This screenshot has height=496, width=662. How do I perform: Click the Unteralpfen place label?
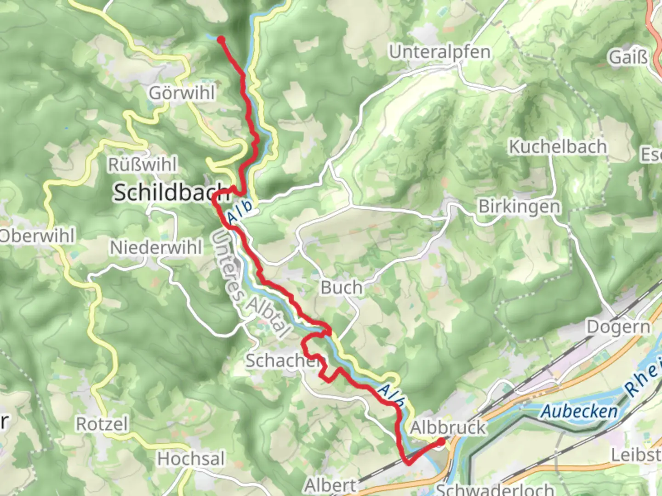[x=439, y=52]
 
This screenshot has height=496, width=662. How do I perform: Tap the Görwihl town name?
[x=182, y=93]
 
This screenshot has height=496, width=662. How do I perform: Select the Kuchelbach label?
[x=557, y=147]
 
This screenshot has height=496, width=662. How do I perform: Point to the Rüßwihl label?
[x=142, y=164]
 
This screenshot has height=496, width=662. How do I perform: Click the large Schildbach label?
[x=171, y=192]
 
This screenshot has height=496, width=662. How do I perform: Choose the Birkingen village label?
[x=519, y=207]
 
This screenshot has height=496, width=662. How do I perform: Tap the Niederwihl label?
[x=156, y=248]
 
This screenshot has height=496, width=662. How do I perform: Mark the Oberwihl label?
[x=37, y=236]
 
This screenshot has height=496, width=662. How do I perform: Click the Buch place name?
[x=341, y=288]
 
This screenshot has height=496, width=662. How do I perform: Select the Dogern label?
[x=619, y=327]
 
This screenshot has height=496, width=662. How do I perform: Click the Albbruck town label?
[x=447, y=428]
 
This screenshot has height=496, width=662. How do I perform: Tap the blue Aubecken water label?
[x=579, y=411]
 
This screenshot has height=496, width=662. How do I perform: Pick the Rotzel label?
[x=102, y=424]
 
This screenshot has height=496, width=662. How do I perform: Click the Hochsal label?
[x=191, y=459]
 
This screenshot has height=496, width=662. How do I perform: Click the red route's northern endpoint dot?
[x=221, y=39]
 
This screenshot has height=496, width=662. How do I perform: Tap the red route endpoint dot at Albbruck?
[x=441, y=442]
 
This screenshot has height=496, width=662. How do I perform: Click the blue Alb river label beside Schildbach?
[x=240, y=212]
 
